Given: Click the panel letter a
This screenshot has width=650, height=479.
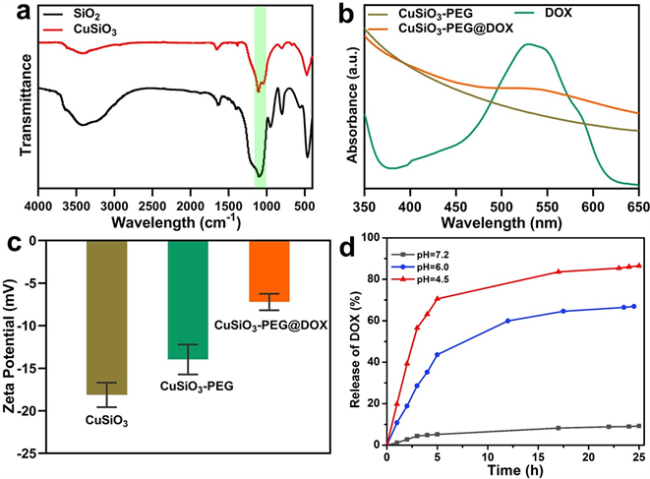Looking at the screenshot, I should (12, 12).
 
